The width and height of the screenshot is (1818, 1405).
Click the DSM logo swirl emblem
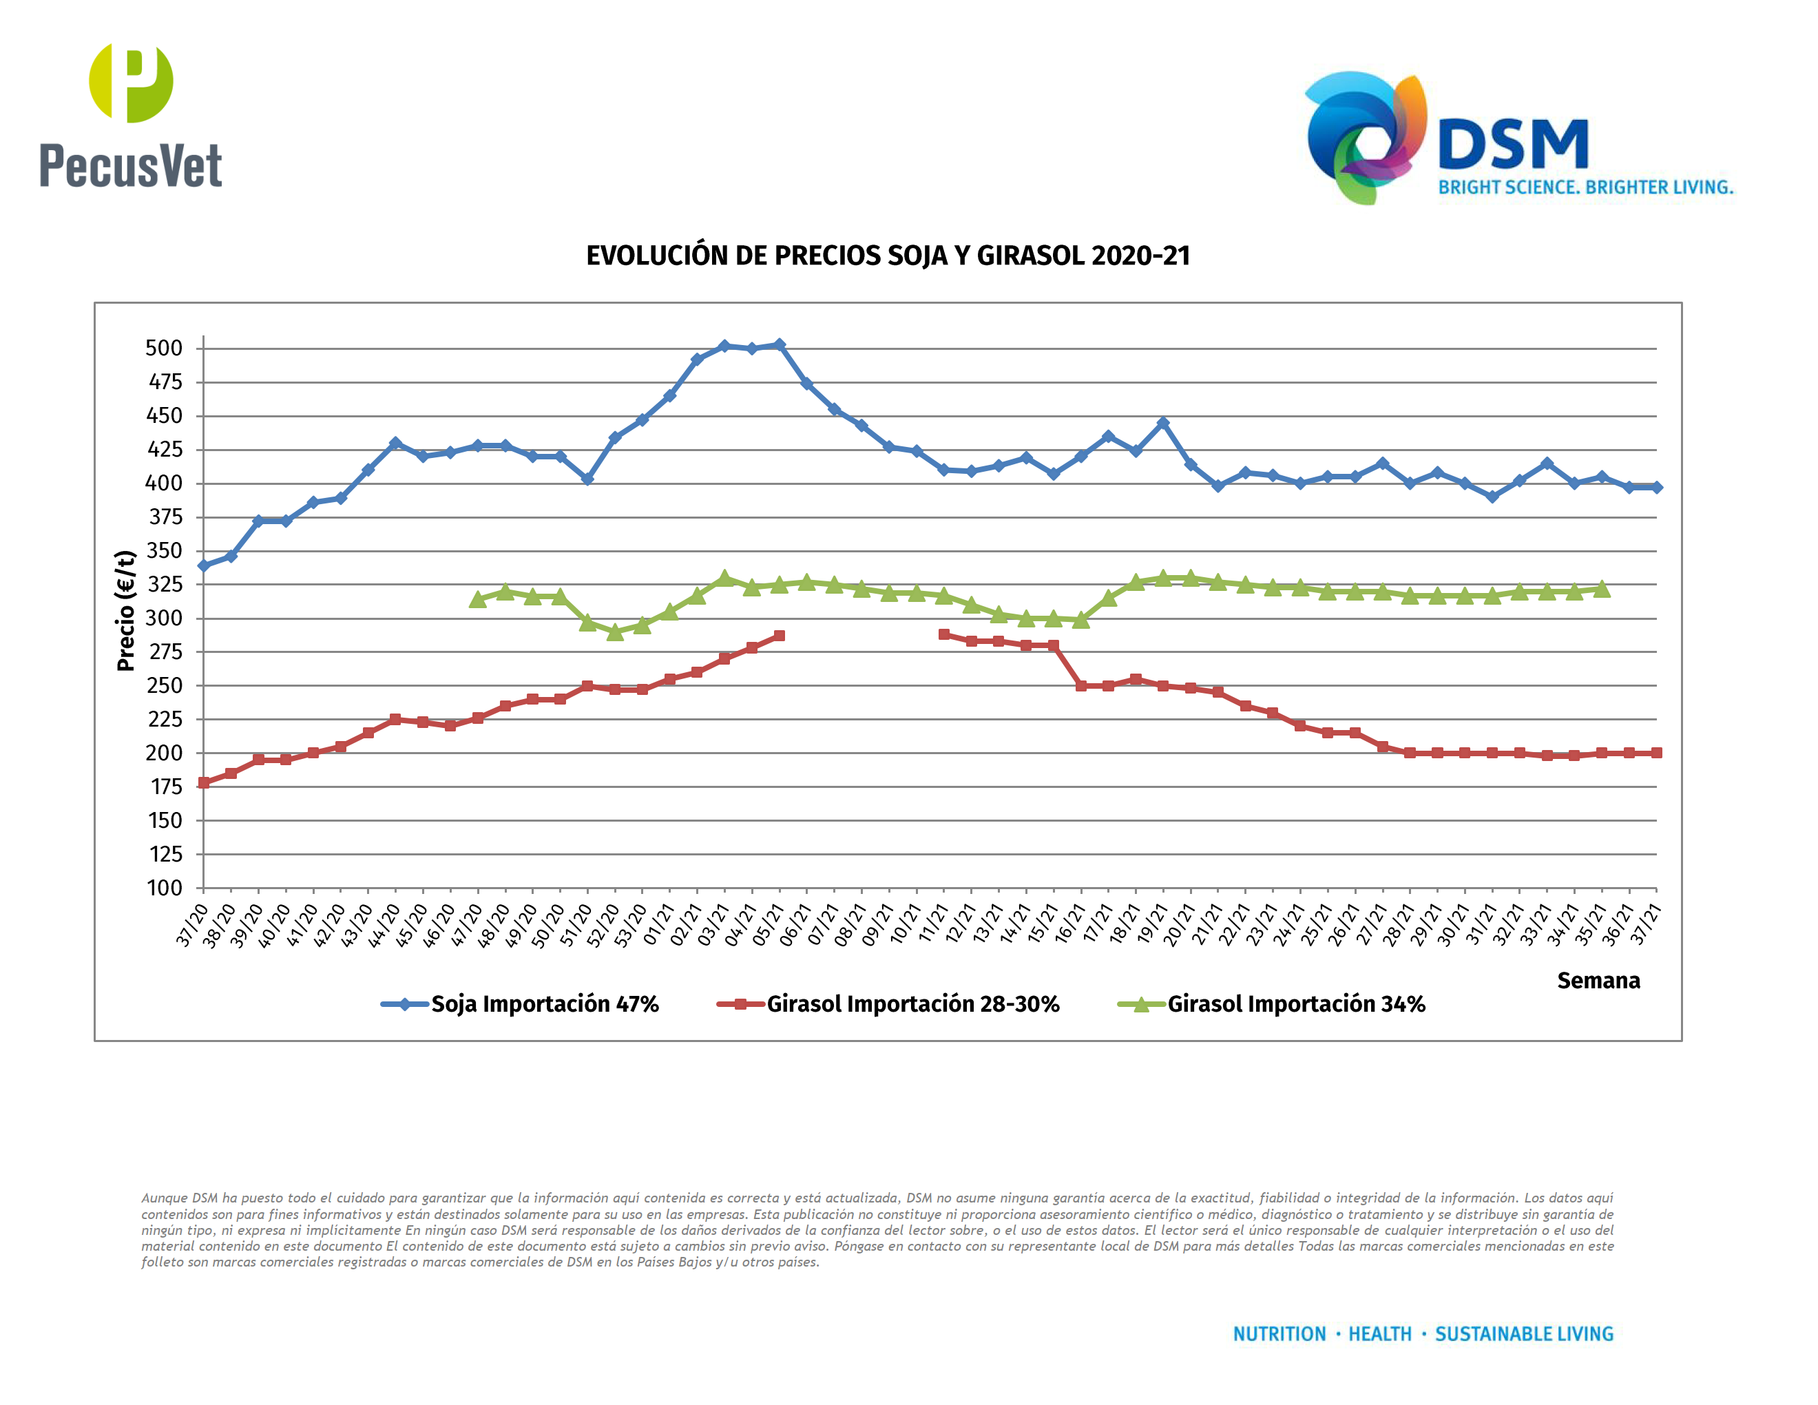[1365, 137]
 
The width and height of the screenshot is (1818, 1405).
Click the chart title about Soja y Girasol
[888, 256]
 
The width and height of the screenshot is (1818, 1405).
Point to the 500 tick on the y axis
[164, 348]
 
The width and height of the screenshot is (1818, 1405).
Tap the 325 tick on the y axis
[164, 584]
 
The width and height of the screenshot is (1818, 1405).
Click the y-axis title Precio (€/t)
[126, 610]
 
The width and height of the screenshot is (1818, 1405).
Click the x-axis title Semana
[1598, 981]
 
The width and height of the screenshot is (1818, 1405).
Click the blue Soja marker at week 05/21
[779, 344]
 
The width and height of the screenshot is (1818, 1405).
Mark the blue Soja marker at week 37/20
[204, 565]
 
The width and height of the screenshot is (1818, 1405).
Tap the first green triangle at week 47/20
[478, 599]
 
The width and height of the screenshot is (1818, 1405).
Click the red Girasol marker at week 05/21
[779, 636]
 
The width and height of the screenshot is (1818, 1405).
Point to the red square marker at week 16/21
[1080, 686]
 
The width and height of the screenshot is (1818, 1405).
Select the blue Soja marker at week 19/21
[1163, 424]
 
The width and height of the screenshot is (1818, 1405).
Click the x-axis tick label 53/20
[630, 924]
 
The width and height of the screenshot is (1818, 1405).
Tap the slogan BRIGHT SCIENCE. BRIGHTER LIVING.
[1585, 187]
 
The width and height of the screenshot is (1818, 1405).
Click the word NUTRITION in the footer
[1279, 1334]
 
